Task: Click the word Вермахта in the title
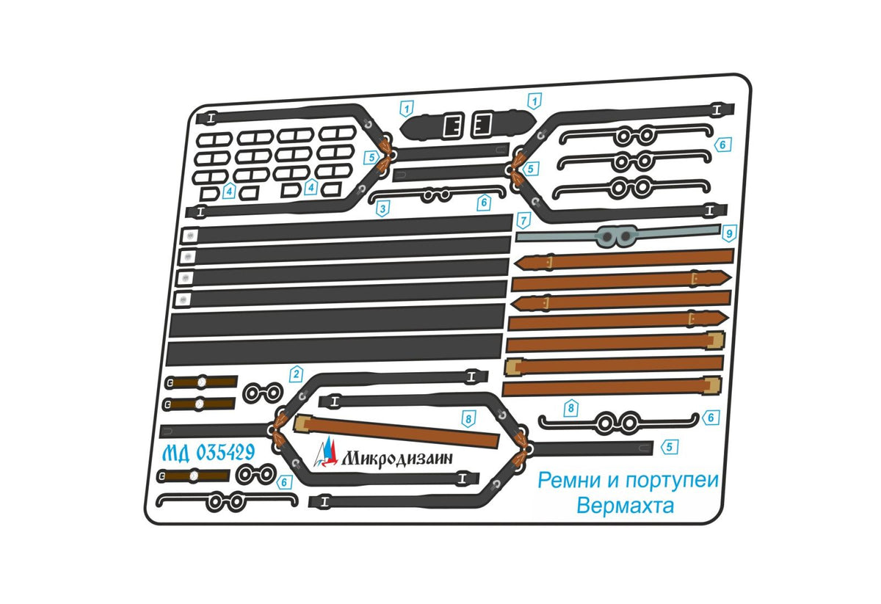pyautogui.click(x=625, y=506)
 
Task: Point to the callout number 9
pyautogui.click(x=728, y=234)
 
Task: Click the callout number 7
pyautogui.click(x=523, y=219)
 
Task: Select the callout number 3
pyautogui.click(x=382, y=209)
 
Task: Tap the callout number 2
pyautogui.click(x=296, y=374)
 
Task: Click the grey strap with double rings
pyautogui.click(x=617, y=236)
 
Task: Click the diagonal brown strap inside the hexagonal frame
pyautogui.click(x=396, y=432)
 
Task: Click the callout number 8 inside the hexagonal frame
pyautogui.click(x=468, y=418)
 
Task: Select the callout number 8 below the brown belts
pyautogui.click(x=569, y=407)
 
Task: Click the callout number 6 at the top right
pyautogui.click(x=722, y=145)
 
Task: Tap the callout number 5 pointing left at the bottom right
pyautogui.click(x=669, y=445)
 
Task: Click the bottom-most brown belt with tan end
pyautogui.click(x=612, y=387)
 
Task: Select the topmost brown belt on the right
pyautogui.click(x=624, y=259)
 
